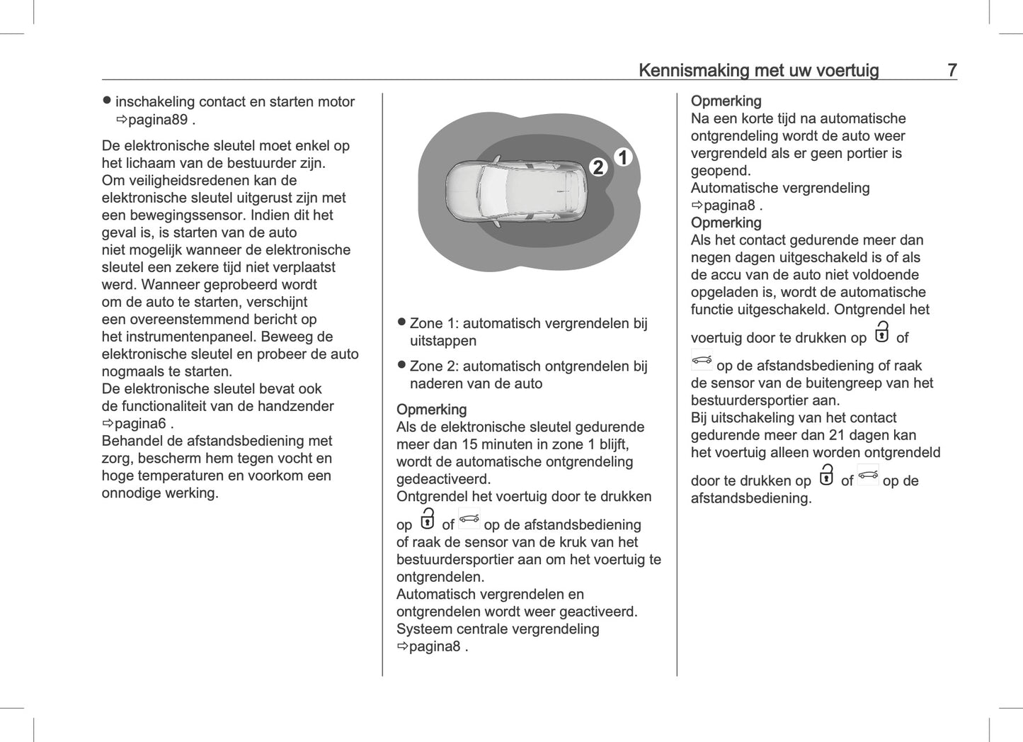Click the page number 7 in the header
coord(952,70)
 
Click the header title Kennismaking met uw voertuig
coord(758,70)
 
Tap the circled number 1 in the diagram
coord(622,157)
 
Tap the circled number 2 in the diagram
coord(598,167)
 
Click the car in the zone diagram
coord(516,191)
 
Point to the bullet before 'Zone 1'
coord(401,322)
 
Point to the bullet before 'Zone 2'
coord(401,365)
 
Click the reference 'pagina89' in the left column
coord(157,120)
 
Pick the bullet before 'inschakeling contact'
coord(107,101)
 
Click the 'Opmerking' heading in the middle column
coord(431,410)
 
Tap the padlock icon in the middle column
coord(427,519)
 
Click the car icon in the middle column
coord(469,519)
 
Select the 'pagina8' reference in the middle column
coord(435,646)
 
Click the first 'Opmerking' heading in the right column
coord(726,101)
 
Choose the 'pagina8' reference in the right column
coord(729,206)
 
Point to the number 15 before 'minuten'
coord(469,444)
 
